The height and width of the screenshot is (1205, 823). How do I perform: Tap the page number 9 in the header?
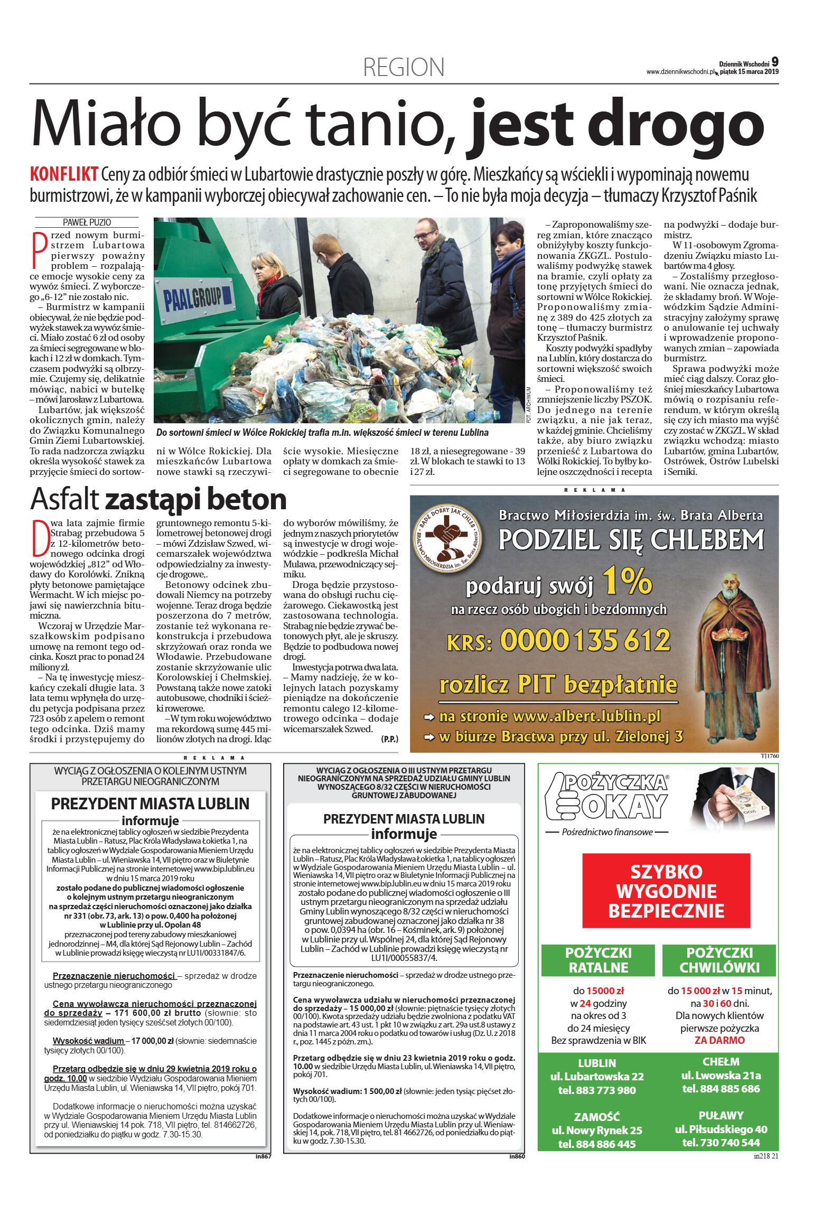[x=774, y=62]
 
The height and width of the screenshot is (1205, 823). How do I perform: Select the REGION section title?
[x=404, y=68]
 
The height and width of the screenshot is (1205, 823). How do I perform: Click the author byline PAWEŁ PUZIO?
[x=87, y=222]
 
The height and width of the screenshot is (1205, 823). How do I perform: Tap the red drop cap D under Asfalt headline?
[x=40, y=538]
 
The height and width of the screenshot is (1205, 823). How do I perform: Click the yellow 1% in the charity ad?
[x=626, y=580]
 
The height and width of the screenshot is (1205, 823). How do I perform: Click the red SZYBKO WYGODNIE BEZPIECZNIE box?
[x=666, y=891]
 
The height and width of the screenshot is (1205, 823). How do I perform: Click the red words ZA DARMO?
[x=719, y=1040]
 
